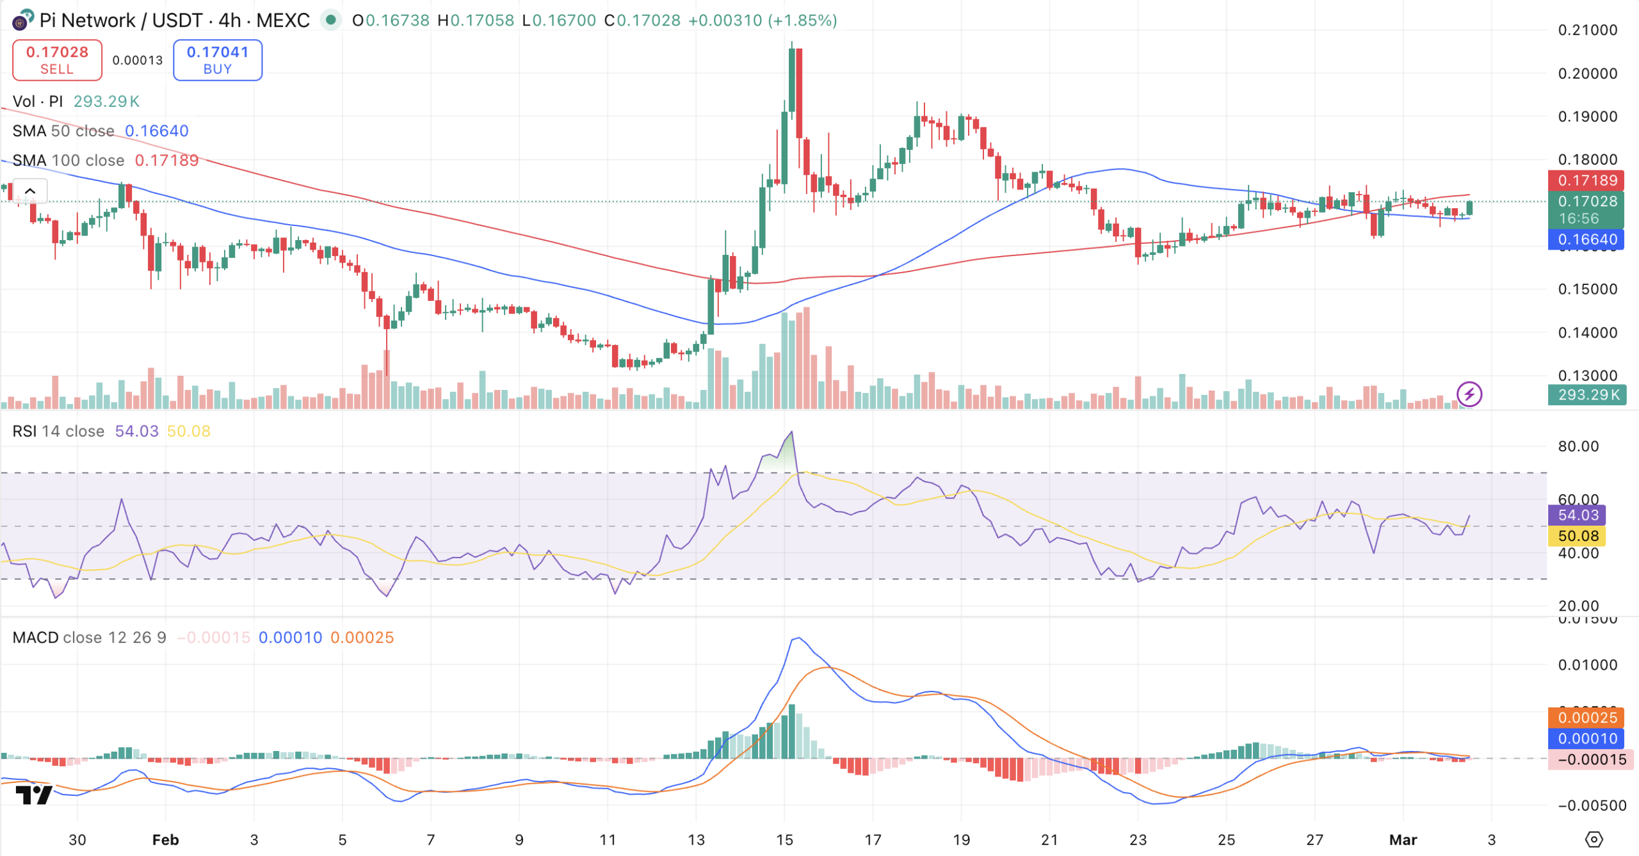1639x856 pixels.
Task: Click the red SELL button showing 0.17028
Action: (57, 60)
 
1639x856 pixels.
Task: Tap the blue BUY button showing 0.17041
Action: (217, 60)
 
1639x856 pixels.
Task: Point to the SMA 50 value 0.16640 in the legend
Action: (156, 131)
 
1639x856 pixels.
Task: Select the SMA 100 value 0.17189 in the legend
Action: (166, 161)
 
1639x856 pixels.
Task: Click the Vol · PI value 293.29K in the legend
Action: (106, 102)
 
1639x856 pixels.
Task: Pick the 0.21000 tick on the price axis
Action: (1587, 30)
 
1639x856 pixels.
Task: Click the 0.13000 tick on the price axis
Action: (1587, 376)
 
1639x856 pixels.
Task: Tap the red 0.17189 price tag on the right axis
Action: (1586, 181)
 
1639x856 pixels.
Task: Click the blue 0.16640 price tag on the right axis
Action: (1586, 240)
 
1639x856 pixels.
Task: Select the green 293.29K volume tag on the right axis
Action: (1586, 395)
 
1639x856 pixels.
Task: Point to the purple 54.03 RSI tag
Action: (1578, 515)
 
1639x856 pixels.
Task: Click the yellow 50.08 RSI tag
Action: (1578, 537)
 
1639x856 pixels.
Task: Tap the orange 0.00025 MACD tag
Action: (1586, 718)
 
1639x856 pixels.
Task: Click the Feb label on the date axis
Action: (165, 840)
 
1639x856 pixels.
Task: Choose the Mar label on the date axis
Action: (1403, 840)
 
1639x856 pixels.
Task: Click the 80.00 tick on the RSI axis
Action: (1578, 446)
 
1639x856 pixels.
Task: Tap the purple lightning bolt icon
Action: (1469, 394)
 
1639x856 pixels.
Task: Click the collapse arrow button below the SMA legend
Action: (30, 191)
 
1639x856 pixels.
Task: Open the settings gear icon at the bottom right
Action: (1594, 839)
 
